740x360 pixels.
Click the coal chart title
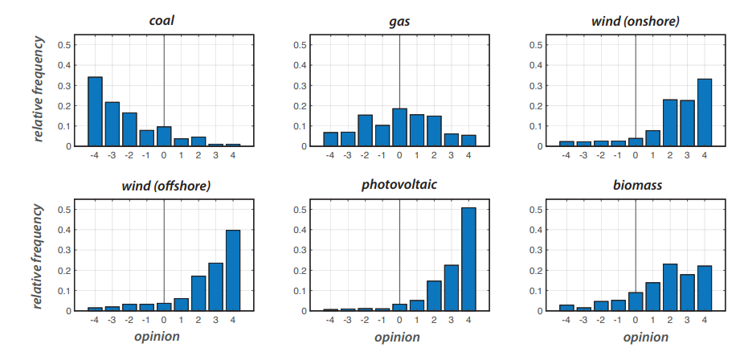pos(162,20)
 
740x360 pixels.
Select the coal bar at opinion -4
pos(95,112)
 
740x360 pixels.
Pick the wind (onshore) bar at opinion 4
pos(705,112)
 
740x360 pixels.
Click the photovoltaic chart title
pos(399,185)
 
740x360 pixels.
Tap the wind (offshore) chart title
pos(163,185)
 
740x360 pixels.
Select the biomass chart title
pos(635,185)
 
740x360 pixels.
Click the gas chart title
pos(399,20)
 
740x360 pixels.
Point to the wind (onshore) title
pos(635,20)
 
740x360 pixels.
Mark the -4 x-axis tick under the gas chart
pos(330,156)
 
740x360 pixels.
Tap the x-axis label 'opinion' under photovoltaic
pos(399,336)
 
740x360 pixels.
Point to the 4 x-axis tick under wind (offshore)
pos(233,321)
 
